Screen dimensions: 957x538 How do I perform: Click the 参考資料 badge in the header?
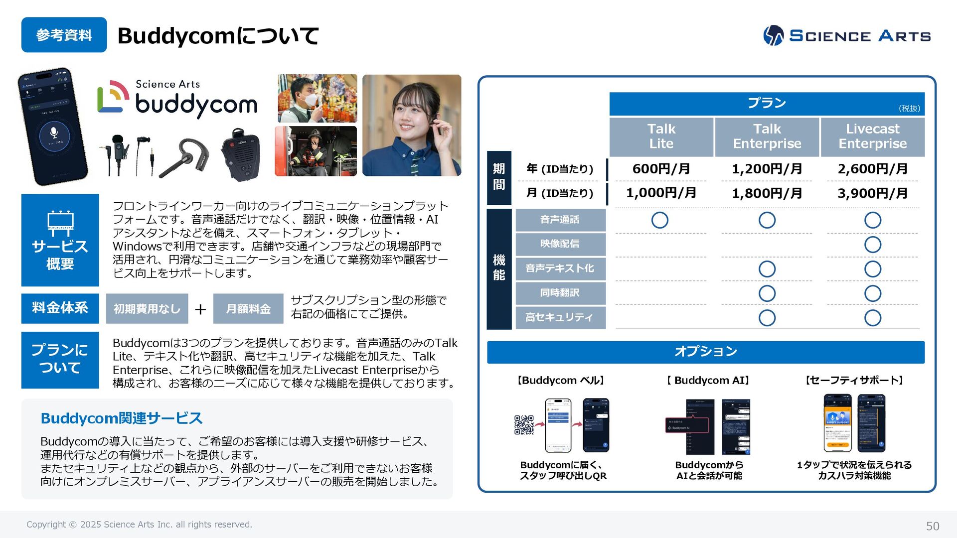click(64, 35)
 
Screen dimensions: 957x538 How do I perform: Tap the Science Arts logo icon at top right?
click(773, 35)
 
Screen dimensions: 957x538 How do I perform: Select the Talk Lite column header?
click(661, 136)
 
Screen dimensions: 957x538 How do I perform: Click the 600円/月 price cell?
click(661, 169)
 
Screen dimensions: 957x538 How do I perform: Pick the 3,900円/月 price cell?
click(872, 193)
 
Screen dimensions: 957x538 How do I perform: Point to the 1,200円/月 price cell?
click(767, 169)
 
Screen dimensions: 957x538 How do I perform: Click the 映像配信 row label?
click(560, 244)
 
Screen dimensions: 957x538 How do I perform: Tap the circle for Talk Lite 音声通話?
click(659, 220)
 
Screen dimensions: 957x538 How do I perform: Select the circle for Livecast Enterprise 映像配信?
click(872, 245)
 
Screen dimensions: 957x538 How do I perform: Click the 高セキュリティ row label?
click(560, 317)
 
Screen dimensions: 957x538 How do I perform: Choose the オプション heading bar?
click(705, 352)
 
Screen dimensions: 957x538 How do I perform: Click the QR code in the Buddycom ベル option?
click(524, 425)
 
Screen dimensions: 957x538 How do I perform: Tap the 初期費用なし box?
click(147, 309)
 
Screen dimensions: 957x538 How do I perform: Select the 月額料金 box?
click(248, 309)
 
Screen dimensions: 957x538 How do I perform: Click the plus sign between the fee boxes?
click(200, 309)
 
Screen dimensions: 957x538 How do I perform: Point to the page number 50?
click(932, 526)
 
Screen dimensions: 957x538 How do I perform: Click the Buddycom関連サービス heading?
click(122, 418)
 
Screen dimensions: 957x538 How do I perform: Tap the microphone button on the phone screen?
click(54, 133)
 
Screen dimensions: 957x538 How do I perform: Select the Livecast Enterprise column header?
click(872, 136)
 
